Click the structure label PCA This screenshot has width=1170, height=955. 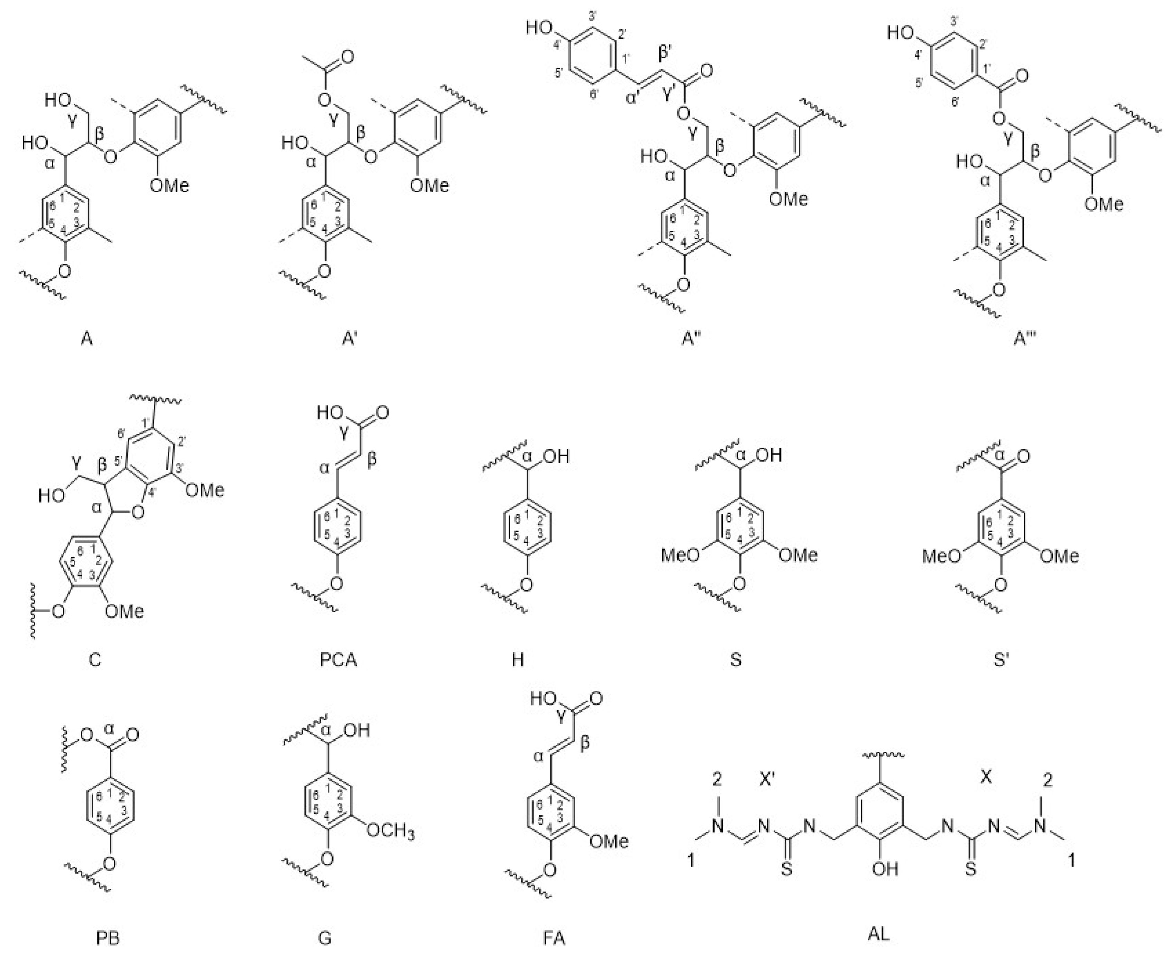338,659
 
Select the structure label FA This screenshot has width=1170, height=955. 554,938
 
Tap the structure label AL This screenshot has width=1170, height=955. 878,933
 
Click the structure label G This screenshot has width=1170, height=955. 325,938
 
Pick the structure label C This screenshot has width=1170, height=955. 95,659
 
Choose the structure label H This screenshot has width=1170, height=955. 517,659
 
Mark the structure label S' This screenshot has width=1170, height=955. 1001,659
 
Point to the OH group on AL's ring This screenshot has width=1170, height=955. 885,869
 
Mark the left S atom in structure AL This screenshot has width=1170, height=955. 787,869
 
